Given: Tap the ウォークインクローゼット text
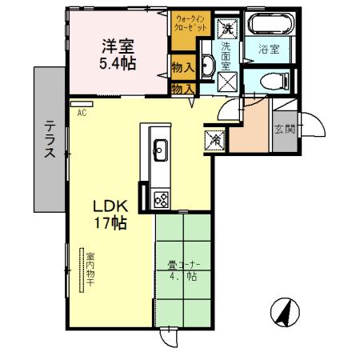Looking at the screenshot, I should (190, 23).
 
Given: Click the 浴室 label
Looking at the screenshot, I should (268, 50).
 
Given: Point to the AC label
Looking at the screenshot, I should (82, 113).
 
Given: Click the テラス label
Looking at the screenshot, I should (49, 142).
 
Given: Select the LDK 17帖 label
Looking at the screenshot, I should (110, 214).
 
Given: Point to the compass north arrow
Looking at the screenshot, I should (282, 311).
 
